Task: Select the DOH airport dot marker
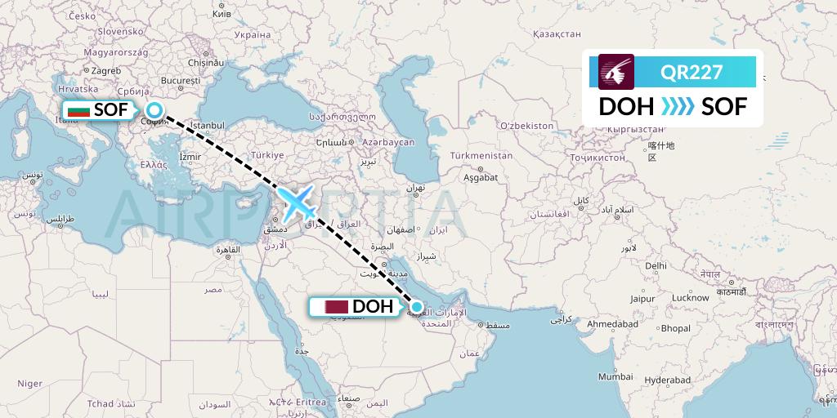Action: pyautogui.click(x=417, y=307)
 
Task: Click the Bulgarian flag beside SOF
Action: pyautogui.click(x=79, y=110)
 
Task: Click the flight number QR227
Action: pyautogui.click(x=692, y=72)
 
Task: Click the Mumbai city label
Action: pyautogui.click(x=615, y=376)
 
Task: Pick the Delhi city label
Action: pyautogui.click(x=656, y=265)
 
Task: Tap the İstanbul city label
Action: pyautogui.click(x=208, y=125)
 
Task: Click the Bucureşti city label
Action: pyautogui.click(x=181, y=81)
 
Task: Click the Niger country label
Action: pyautogui.click(x=29, y=383)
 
